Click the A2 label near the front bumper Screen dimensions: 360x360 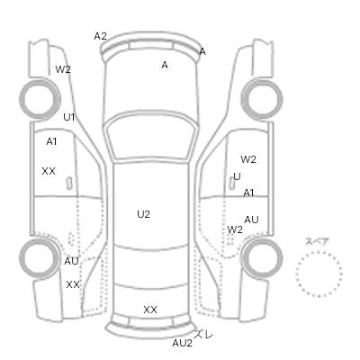tap(100, 36)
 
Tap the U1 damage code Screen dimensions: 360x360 tap(69, 117)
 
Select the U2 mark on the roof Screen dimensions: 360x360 tap(143, 214)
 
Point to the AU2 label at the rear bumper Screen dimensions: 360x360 tap(182, 343)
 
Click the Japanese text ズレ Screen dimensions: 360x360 tap(203, 334)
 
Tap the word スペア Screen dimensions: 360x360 tap(317, 241)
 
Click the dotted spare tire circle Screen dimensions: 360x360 tap(319, 251)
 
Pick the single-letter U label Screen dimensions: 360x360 tap(237, 176)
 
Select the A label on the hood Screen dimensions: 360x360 tap(165, 65)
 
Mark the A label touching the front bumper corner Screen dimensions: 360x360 tap(202, 51)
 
